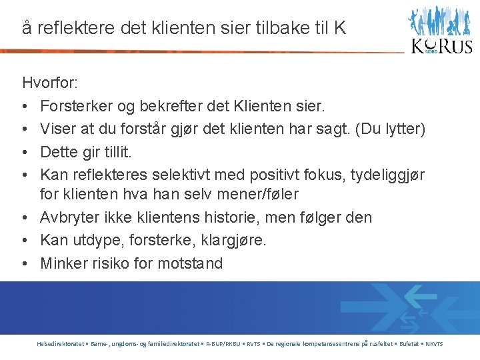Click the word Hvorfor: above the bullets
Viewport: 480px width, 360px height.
pos(50,83)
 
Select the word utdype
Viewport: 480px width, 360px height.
pos(98,240)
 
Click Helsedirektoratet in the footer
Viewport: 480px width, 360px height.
pos(60,344)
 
